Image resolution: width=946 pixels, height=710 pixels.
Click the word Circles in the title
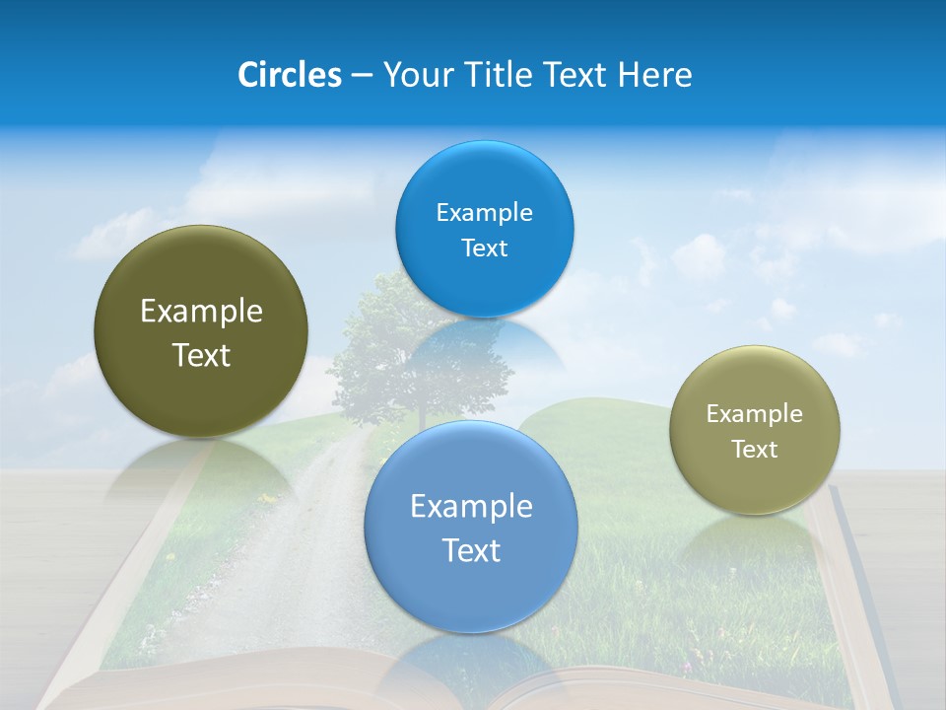coord(289,75)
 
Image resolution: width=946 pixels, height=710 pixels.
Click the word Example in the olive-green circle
coord(201,312)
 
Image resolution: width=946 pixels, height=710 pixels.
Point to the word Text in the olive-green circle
coord(201,355)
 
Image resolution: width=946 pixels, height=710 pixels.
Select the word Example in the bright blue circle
coord(484,213)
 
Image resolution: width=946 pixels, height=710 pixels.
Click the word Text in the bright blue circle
coord(484,248)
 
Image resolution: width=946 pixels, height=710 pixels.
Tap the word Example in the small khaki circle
coord(754,414)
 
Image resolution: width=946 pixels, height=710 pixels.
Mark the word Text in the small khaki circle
coord(754,450)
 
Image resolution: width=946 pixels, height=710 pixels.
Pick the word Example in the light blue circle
coord(471,507)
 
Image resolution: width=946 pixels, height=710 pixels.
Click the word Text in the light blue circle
coord(471,550)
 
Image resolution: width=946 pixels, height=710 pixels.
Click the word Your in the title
coord(413,75)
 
